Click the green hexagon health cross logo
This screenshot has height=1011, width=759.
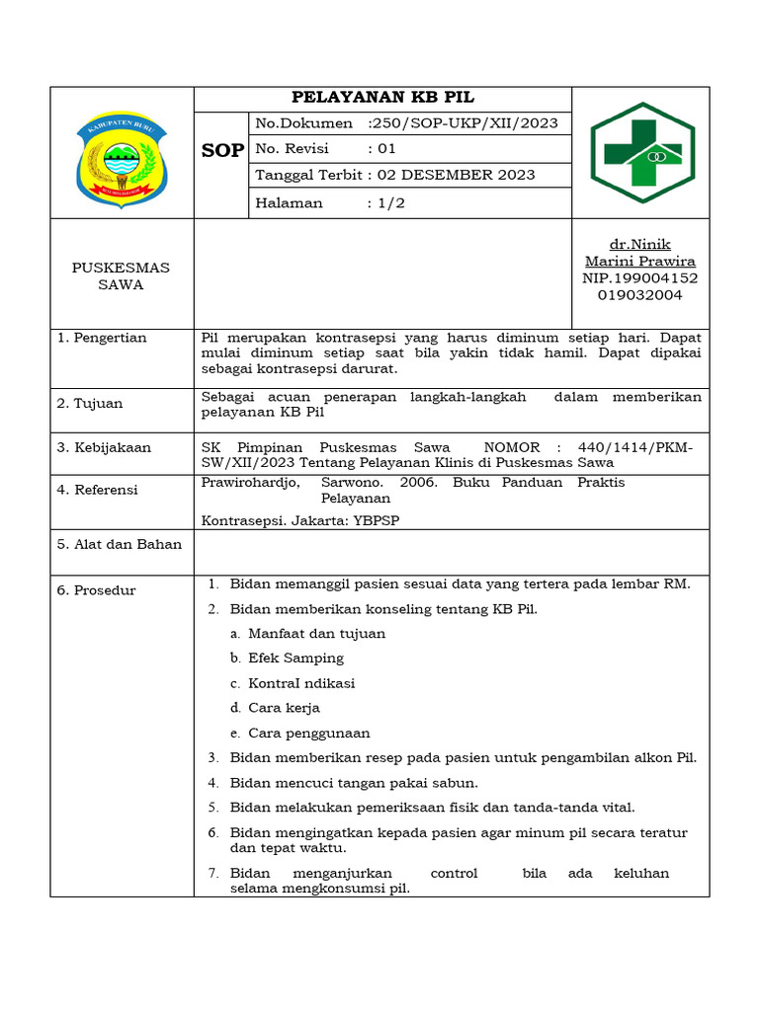[x=641, y=152]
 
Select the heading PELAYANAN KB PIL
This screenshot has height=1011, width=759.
[x=382, y=97]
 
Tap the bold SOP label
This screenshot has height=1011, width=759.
[x=222, y=150]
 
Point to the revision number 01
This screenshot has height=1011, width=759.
[x=385, y=149]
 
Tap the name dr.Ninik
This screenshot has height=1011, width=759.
[x=640, y=244]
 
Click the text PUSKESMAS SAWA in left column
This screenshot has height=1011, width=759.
[x=122, y=275]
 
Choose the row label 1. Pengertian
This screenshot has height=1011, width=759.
[x=102, y=338]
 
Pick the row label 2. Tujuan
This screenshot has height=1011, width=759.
[x=90, y=403]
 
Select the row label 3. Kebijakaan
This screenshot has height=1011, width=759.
[x=104, y=447]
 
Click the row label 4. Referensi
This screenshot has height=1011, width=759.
[x=98, y=490]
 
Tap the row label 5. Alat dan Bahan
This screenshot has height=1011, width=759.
[x=120, y=544]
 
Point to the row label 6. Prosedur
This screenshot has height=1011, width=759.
[x=96, y=590]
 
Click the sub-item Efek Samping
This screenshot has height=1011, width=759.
[x=295, y=658]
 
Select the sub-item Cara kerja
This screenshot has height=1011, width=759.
[x=284, y=708]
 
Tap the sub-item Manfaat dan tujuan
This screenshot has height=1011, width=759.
[x=316, y=633]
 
